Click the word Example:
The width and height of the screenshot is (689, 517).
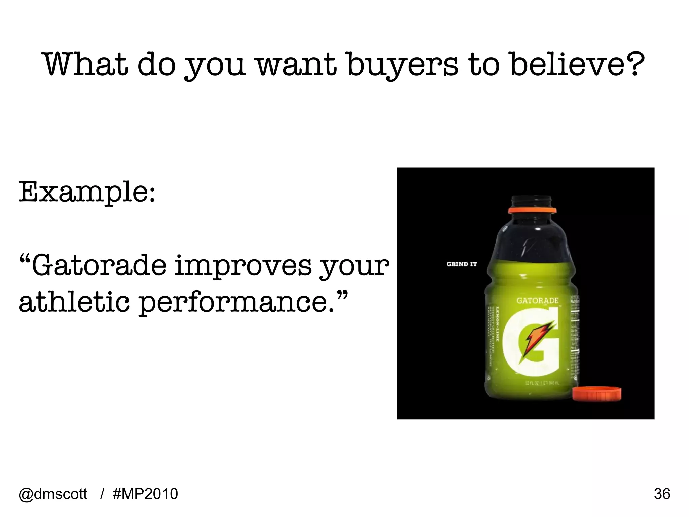click(x=87, y=193)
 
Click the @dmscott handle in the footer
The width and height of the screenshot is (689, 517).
click(x=53, y=494)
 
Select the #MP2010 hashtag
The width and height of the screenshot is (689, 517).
click(x=146, y=494)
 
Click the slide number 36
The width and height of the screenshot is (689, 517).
click(x=662, y=494)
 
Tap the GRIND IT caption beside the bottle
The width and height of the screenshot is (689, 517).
click(x=462, y=264)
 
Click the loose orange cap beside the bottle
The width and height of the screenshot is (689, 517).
click(x=597, y=394)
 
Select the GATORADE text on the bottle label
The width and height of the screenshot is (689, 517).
click(x=537, y=300)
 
